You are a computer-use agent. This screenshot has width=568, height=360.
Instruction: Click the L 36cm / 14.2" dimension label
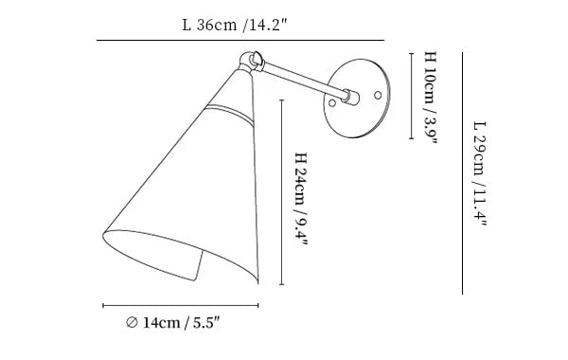235,25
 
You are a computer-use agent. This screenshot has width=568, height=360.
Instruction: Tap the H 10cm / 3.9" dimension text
431,98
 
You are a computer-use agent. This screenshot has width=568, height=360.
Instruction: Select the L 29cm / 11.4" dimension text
480,173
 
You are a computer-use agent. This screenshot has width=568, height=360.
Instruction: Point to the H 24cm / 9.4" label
301,199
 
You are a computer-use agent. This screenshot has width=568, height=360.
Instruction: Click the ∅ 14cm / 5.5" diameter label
173,322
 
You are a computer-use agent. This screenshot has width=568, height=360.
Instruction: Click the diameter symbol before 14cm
132,322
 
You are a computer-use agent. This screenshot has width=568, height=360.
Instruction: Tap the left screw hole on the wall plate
332,103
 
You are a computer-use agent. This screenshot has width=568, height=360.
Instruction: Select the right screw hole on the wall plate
378,95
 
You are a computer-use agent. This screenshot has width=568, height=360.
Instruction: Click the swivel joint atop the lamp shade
251,62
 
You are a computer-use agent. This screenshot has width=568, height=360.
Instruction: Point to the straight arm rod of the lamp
304,80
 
